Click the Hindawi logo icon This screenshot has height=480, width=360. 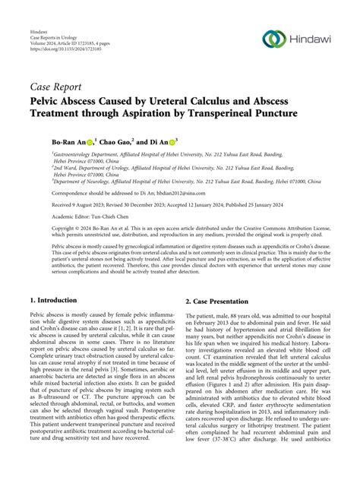273,37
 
